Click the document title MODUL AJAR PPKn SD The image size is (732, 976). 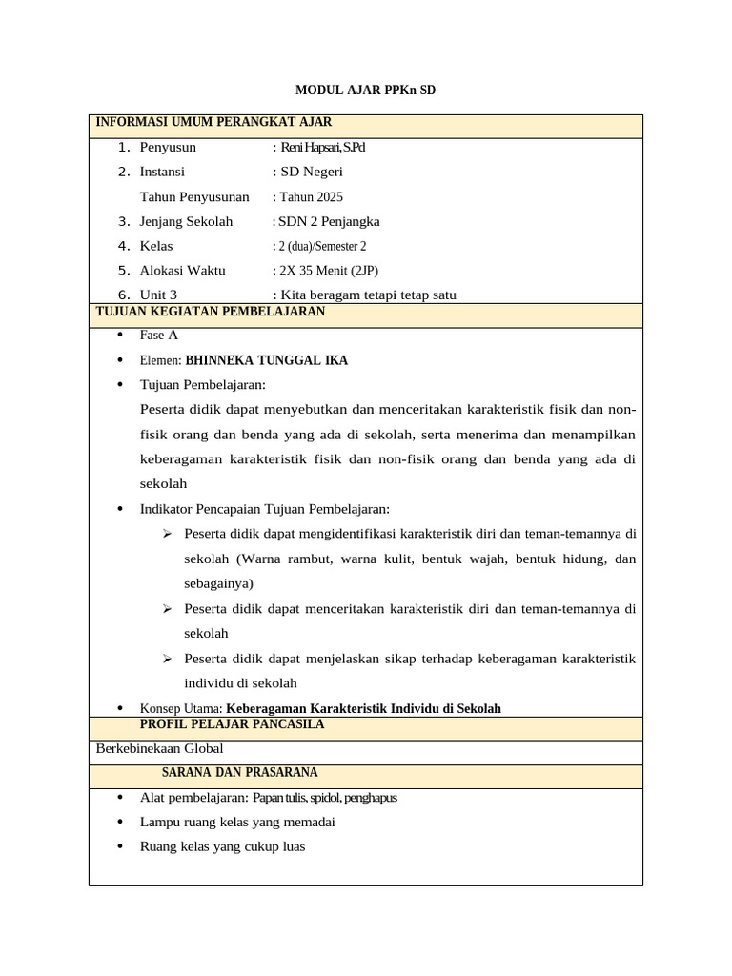click(x=366, y=90)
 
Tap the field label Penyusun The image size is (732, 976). click(x=168, y=148)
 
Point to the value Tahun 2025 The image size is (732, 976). click(x=311, y=197)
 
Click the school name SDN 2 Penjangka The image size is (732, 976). click(x=329, y=222)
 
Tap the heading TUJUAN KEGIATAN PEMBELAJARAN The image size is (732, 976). click(x=211, y=312)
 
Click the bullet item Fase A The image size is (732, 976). click(x=158, y=335)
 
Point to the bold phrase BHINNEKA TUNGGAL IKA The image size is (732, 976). click(x=267, y=360)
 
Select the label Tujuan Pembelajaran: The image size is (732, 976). click(x=203, y=385)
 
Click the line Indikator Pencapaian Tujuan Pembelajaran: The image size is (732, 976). click(x=265, y=509)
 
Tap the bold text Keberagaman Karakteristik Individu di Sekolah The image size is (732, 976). click(x=364, y=708)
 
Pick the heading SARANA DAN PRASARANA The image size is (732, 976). click(x=239, y=772)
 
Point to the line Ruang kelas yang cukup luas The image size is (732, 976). click(x=222, y=846)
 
